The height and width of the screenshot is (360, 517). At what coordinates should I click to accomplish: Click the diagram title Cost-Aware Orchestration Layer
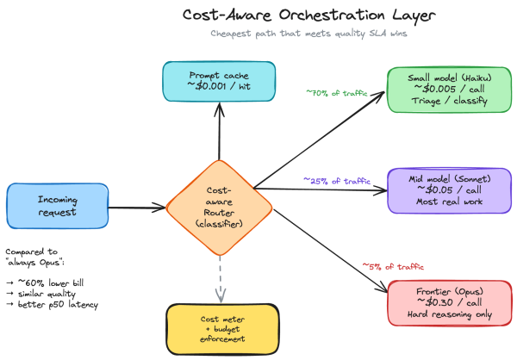309,16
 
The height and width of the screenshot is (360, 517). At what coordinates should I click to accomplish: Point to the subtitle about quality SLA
308,34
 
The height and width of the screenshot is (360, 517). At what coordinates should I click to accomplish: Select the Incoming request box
58,206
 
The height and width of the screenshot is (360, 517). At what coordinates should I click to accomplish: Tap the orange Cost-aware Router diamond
219,208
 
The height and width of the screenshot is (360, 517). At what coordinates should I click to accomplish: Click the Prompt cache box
219,81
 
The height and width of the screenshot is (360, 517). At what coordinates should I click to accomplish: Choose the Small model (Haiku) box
450,90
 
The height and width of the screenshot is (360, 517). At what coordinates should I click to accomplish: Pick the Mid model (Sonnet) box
450,190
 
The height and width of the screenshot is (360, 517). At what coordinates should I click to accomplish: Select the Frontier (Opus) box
450,303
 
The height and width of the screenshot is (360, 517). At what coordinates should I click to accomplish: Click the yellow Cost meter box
222,329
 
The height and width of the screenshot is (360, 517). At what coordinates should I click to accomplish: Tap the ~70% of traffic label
337,93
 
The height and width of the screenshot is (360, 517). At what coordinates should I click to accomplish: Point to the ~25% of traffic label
337,181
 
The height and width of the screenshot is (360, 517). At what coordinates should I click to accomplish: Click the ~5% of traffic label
393,266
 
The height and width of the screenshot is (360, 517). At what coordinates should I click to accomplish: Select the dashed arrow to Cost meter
221,279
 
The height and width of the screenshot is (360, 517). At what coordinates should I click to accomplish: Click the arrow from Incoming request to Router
137,208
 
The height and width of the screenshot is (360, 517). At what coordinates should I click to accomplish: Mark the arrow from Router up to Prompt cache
219,131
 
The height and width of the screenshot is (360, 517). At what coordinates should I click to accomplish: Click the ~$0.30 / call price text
450,302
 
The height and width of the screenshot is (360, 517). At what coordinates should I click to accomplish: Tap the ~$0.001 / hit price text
219,86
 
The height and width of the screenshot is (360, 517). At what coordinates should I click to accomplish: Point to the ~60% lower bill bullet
45,282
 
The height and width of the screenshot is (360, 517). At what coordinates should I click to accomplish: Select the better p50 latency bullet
52,304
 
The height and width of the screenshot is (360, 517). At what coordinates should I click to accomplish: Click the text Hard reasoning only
450,314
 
